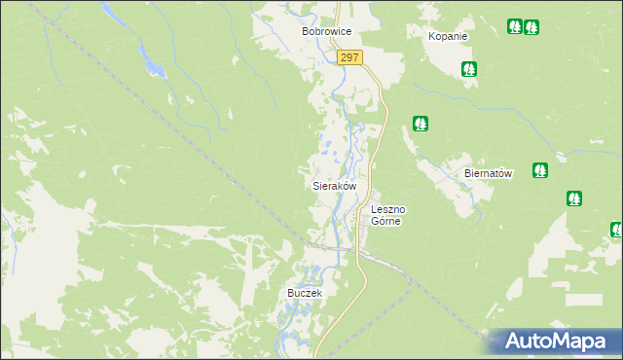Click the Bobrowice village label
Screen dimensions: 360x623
[325, 31]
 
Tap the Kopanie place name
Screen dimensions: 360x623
[448, 36]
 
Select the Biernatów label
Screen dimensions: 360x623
[488, 172]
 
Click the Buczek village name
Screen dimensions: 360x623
[304, 293]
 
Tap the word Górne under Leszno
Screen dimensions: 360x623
[386, 221]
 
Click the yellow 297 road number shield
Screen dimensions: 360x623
[350, 58]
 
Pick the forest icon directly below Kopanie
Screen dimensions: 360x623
[469, 68]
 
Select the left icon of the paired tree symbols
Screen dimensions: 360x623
[514, 27]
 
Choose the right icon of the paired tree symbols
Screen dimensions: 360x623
[531, 27]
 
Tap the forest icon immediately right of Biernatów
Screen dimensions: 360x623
[539, 170]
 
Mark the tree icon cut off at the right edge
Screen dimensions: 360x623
[617, 230]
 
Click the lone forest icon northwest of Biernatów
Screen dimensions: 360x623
[420, 124]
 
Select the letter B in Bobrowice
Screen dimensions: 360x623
[306, 31]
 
